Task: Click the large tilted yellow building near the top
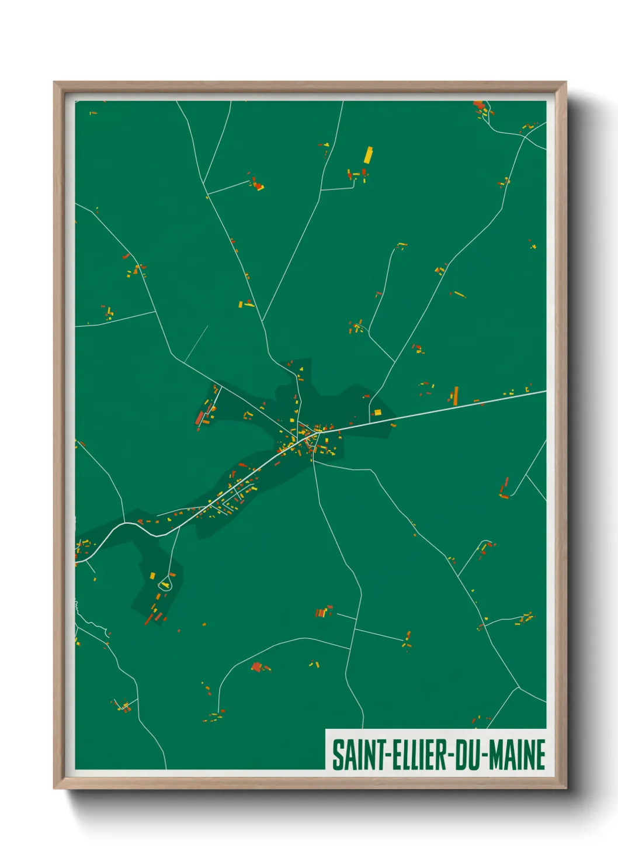369,155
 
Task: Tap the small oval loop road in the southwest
165,583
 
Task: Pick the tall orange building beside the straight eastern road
456,395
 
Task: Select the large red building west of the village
200,417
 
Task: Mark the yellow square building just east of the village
377,413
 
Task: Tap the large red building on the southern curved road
256,666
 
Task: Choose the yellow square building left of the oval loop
152,576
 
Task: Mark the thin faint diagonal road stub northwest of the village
197,343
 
